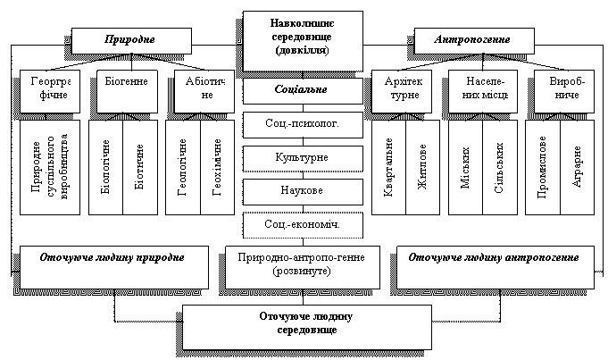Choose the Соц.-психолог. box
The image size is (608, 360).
pos(303,122)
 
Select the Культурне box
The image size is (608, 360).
pos(303,157)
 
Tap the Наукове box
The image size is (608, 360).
pos(303,191)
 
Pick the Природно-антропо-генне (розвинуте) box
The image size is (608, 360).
pos(303,264)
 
